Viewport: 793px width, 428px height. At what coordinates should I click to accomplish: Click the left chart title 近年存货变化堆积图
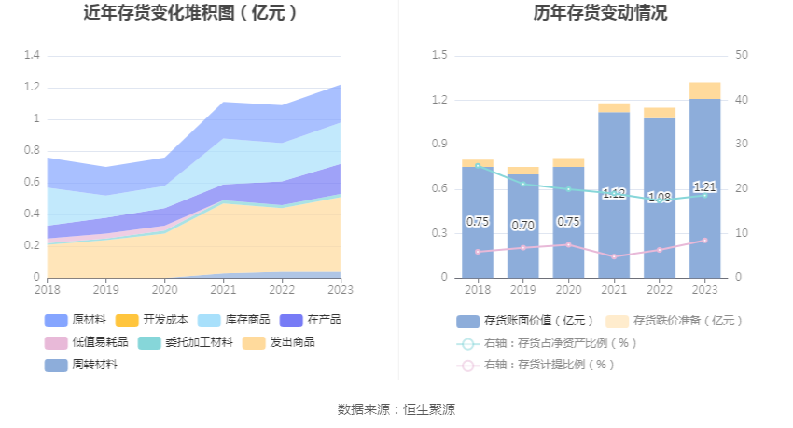click(x=191, y=13)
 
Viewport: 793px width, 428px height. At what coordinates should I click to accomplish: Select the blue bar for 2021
click(x=614, y=233)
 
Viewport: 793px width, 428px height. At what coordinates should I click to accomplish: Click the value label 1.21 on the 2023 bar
click(x=704, y=186)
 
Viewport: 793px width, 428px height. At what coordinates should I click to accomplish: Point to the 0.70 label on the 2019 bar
click(x=523, y=226)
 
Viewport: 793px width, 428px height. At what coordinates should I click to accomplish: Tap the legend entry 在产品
click(x=316, y=320)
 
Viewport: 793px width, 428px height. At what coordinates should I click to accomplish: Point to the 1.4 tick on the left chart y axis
click(x=32, y=56)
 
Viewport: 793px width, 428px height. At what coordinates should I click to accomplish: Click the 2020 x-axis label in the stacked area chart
click(x=164, y=289)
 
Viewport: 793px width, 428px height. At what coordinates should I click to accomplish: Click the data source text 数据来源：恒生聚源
click(x=396, y=409)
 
